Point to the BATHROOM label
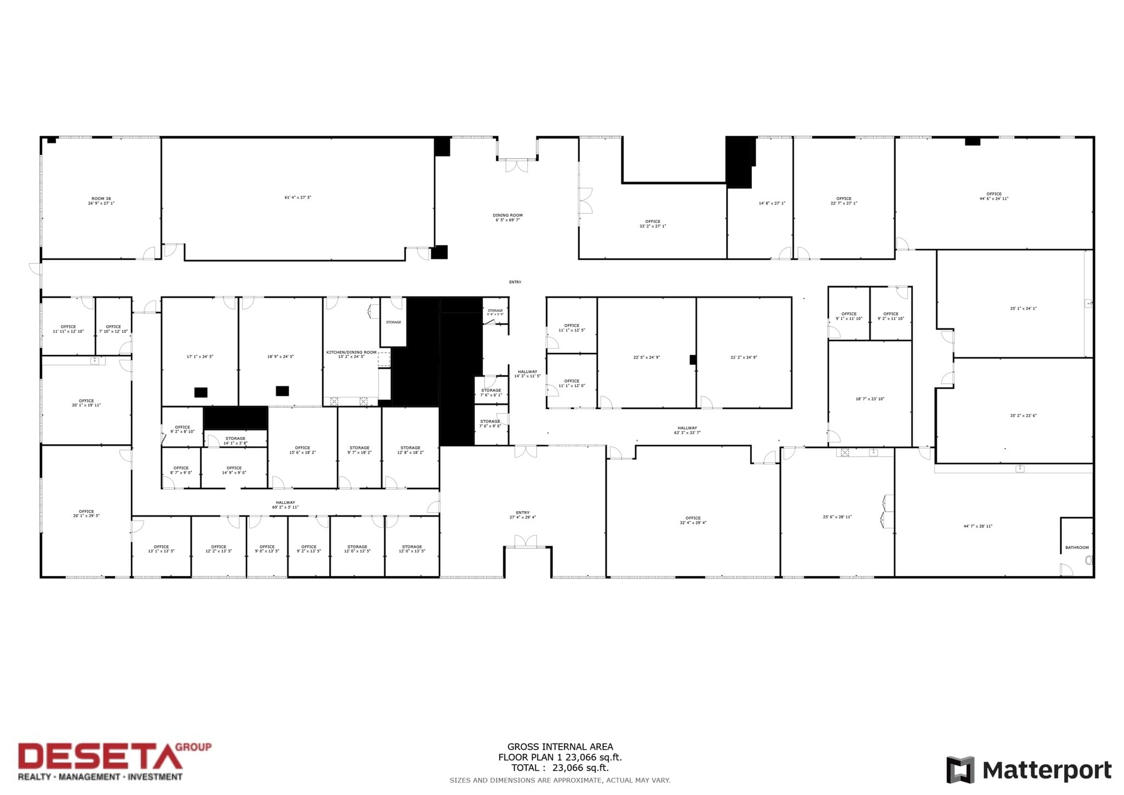(x=1077, y=547)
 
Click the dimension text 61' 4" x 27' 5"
(x=297, y=198)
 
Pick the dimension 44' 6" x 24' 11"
(x=994, y=199)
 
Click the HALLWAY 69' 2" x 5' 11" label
(x=285, y=505)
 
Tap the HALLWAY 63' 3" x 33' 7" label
(x=687, y=430)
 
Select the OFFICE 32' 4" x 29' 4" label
(x=693, y=520)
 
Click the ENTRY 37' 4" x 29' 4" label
(x=522, y=515)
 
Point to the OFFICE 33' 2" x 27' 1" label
(x=653, y=224)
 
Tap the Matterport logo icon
(x=960, y=770)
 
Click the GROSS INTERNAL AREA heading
(x=560, y=747)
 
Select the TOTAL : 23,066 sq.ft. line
(x=560, y=768)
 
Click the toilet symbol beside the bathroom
(x=1089, y=561)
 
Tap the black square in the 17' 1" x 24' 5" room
(x=201, y=393)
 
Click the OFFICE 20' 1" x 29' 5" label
(x=86, y=514)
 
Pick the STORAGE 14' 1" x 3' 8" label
(x=235, y=441)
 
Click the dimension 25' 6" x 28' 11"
(x=837, y=517)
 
